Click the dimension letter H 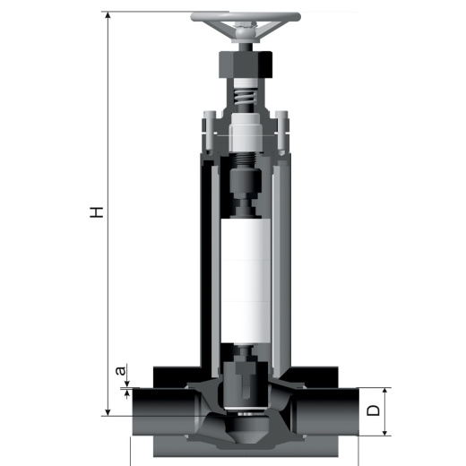pyautogui.click(x=97, y=211)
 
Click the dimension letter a pyautogui.click(x=121, y=371)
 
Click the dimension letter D pyautogui.click(x=373, y=410)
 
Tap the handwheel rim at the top pyautogui.click(x=246, y=16)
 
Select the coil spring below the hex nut pyautogui.click(x=246, y=97)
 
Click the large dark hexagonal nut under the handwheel pyautogui.click(x=246, y=65)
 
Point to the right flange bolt pyautogui.click(x=281, y=132)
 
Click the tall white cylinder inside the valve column pyautogui.click(x=246, y=280)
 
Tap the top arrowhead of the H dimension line pyautogui.click(x=108, y=15)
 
